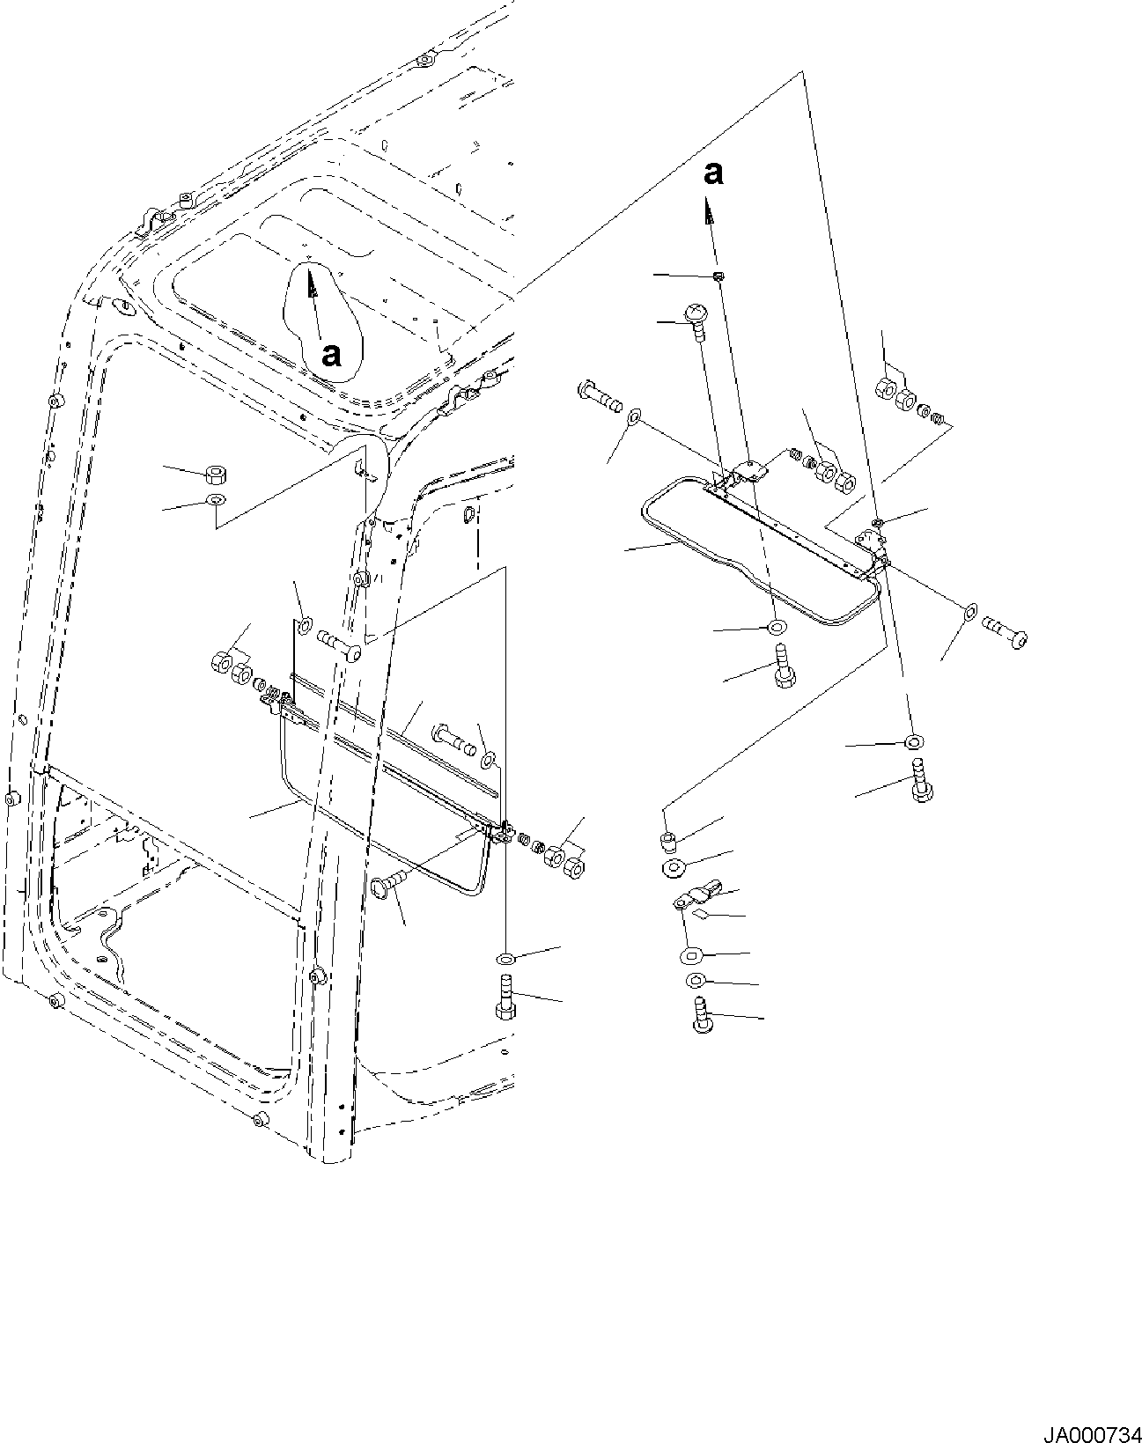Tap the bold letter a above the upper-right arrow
714,173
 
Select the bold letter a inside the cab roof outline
331,355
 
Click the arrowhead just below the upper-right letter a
706,210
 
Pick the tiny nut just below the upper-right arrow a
718,276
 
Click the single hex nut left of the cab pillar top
213,476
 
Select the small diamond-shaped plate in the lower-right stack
701,916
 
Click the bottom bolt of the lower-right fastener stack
701,1015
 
